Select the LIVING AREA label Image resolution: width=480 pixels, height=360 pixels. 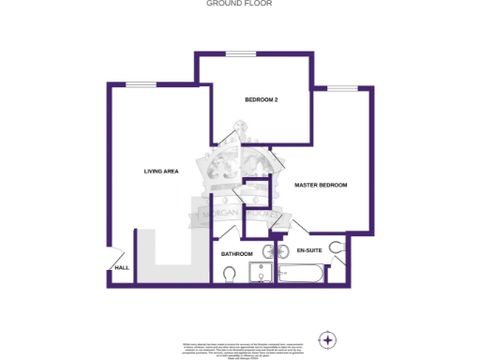point(161,172)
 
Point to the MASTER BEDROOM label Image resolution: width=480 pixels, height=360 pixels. point(321,186)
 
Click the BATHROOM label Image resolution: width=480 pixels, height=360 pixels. point(236,254)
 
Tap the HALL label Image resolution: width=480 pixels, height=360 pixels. point(122,268)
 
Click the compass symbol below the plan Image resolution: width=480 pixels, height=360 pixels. point(328,338)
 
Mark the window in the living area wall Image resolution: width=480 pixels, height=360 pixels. point(142,85)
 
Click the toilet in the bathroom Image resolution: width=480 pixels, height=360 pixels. point(230,273)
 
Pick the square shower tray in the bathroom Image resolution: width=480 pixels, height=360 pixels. point(260,272)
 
